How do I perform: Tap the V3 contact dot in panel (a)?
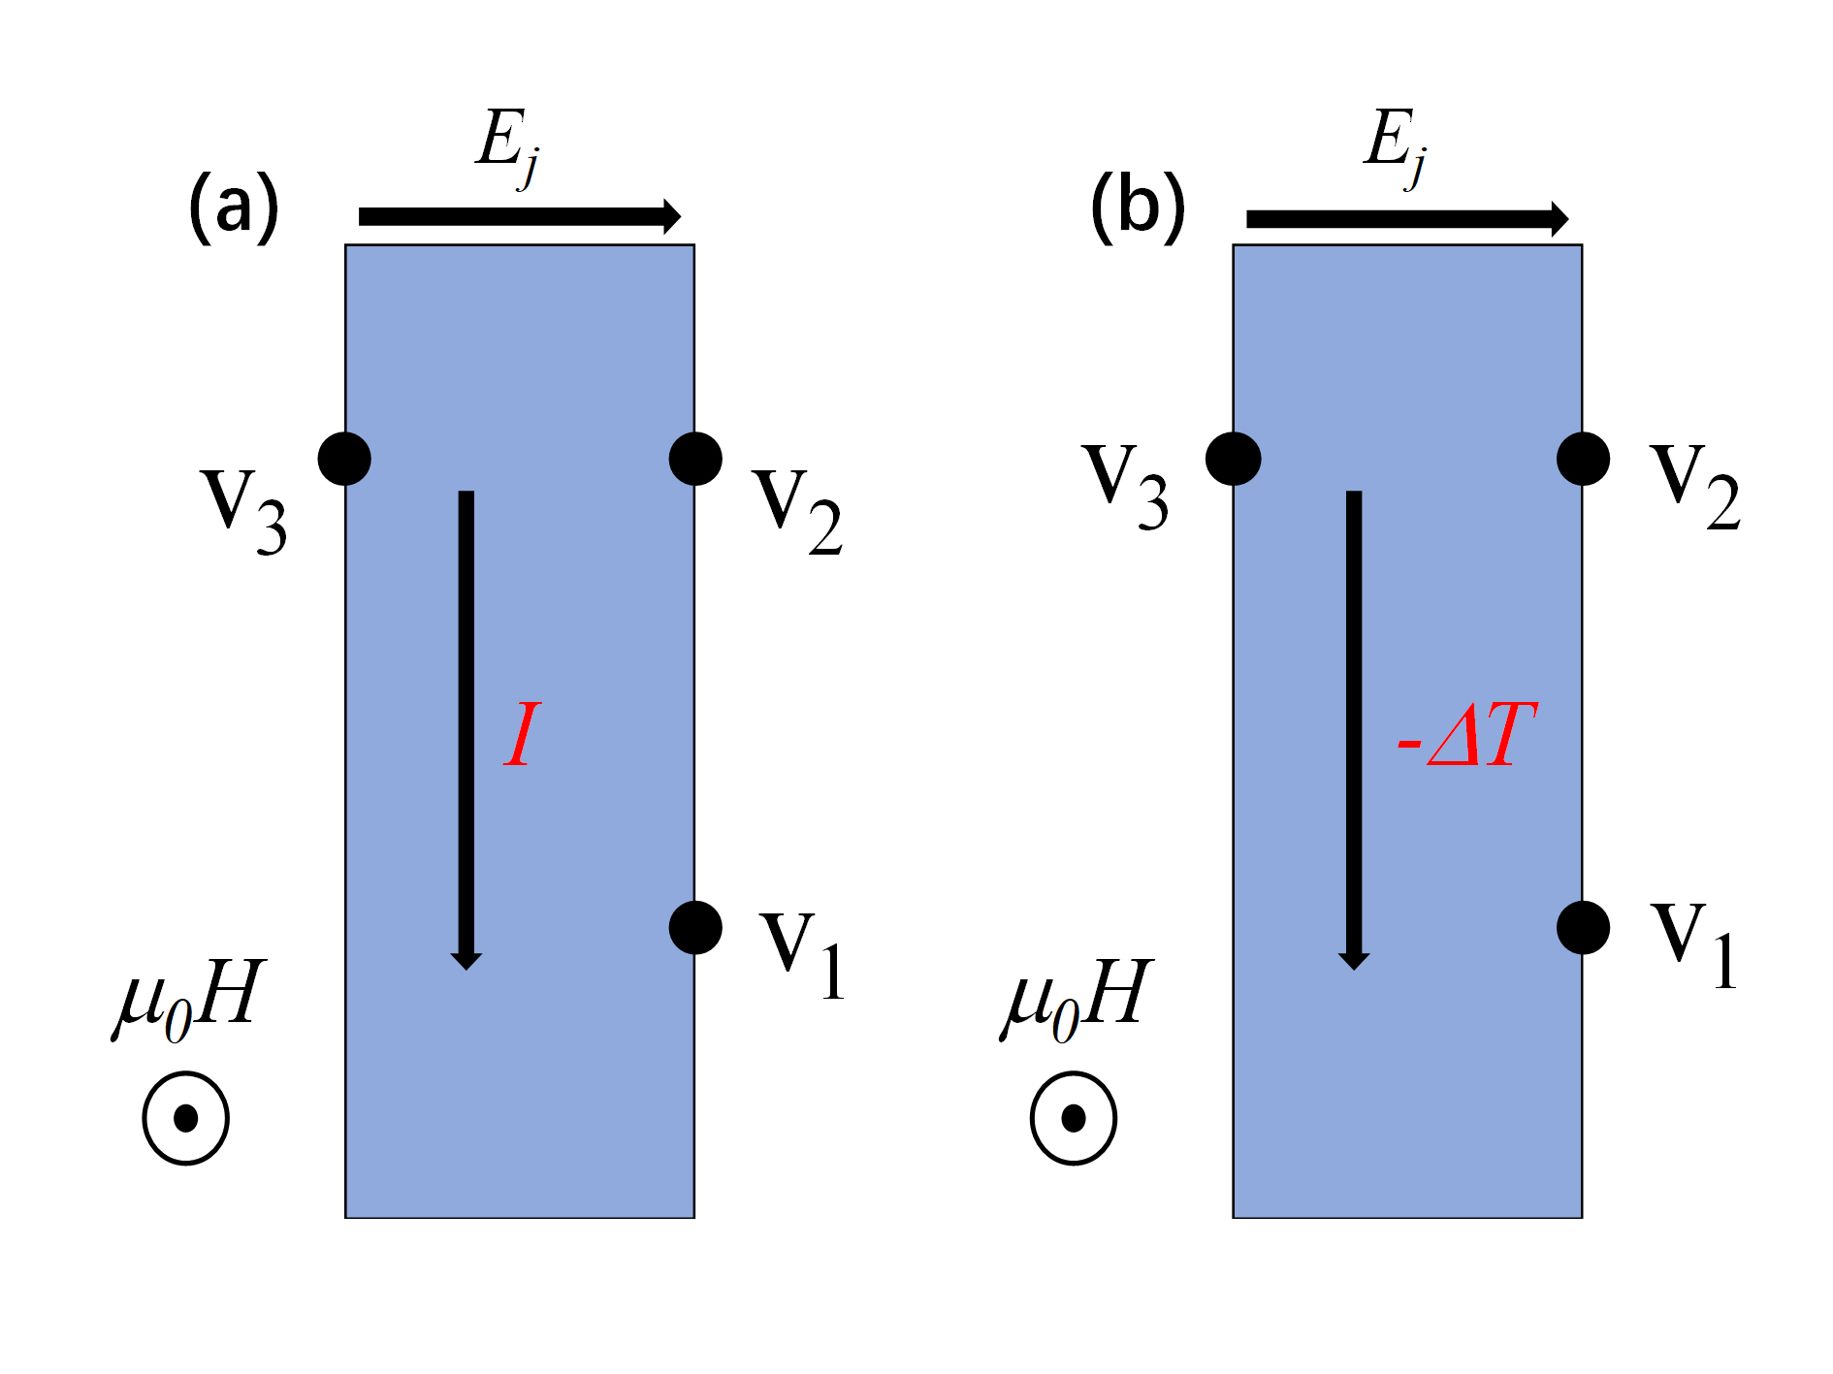[344, 458]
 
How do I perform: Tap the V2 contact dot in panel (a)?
[695, 458]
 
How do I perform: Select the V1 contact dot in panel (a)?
[695, 927]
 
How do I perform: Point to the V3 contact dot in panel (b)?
[1233, 458]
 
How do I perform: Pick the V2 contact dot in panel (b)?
[1583, 458]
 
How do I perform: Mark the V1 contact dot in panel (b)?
[1583, 927]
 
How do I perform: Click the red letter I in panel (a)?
[522, 734]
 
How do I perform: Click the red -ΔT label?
[1466, 735]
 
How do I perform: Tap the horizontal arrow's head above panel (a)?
[671, 216]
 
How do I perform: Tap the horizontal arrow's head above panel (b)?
[1559, 218]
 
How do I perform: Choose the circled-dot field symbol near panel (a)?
[185, 1118]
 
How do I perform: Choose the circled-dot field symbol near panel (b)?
[1073, 1118]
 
